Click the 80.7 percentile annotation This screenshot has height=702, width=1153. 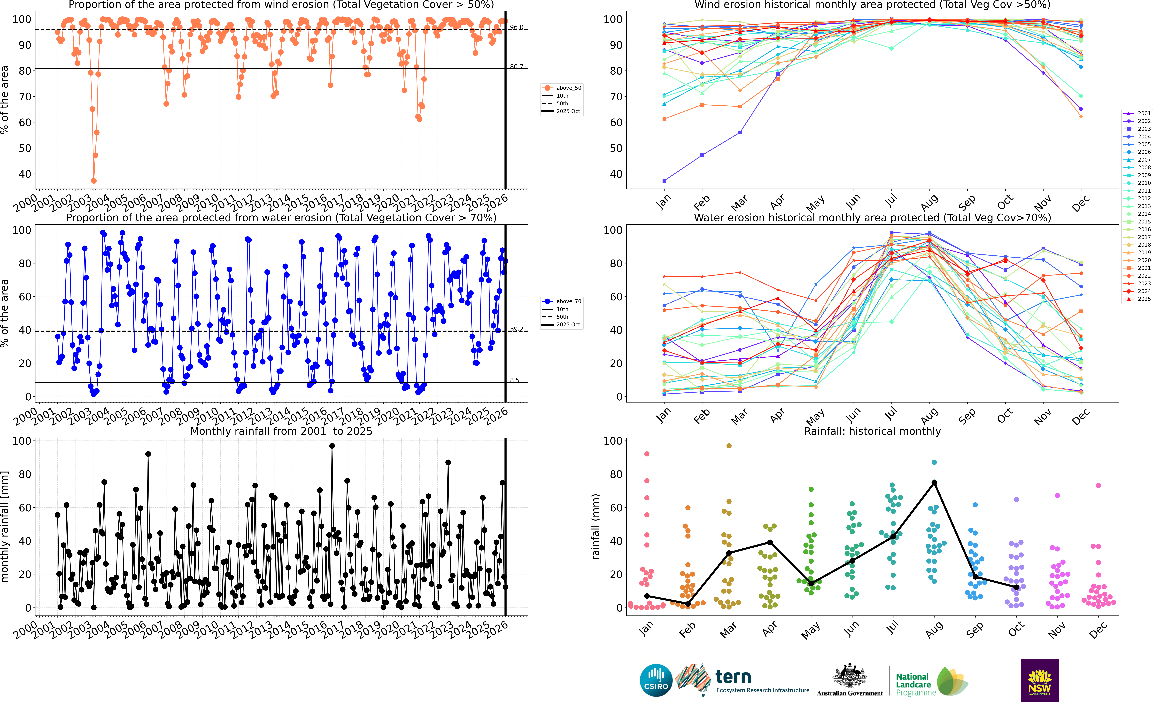coord(517,66)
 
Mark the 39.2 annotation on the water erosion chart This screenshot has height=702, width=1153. coord(517,329)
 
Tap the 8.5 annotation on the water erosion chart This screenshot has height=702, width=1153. coord(515,380)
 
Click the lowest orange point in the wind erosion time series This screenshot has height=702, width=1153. coord(94,181)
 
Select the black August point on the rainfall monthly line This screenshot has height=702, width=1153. coord(934,482)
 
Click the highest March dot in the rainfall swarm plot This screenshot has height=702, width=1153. coord(729,446)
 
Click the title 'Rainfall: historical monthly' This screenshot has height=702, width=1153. coord(872,431)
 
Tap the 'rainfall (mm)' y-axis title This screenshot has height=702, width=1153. coord(596,527)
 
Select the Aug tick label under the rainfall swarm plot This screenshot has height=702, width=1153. coord(934,629)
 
